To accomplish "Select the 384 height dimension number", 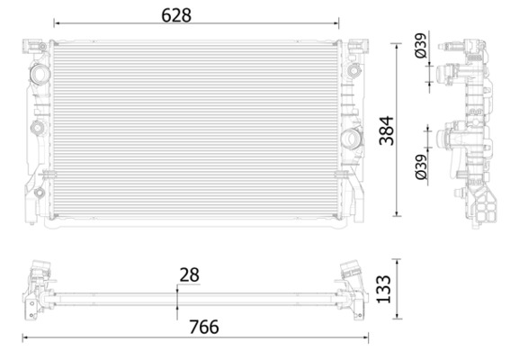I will tap(387, 130).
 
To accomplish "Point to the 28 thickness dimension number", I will tap(189, 274).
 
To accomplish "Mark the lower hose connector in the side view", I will tap(445, 139).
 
